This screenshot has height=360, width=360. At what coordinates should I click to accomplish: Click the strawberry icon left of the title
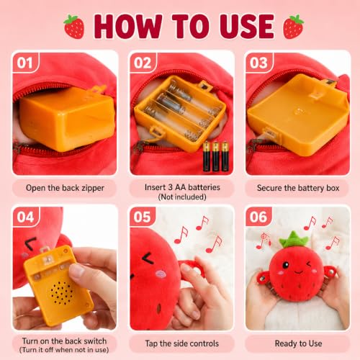click(74, 27)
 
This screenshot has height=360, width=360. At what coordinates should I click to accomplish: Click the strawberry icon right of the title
click(294, 27)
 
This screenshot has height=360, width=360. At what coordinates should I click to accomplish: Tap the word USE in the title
click(247, 27)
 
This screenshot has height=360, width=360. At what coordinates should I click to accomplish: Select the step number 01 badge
click(25, 63)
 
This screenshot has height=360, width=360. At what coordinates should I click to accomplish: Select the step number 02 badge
click(143, 63)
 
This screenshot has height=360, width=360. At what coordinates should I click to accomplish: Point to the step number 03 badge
click(258, 63)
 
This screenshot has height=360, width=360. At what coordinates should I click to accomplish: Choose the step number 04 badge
click(25, 217)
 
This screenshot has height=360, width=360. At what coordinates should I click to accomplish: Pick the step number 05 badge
click(142, 217)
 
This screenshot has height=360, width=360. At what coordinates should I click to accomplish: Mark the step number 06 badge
click(258, 217)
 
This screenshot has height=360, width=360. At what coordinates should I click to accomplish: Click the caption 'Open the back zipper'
click(65, 188)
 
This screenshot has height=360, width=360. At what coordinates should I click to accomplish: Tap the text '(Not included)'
click(182, 197)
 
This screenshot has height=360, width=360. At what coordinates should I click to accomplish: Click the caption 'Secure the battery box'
click(298, 188)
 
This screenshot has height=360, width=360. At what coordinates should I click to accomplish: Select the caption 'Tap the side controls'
click(182, 343)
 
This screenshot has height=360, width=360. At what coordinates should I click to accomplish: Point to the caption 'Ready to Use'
click(298, 343)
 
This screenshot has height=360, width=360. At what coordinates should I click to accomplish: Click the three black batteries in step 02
click(216, 156)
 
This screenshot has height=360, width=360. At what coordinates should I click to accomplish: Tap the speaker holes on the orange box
click(61, 293)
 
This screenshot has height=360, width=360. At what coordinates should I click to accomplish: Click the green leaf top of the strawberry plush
click(294, 239)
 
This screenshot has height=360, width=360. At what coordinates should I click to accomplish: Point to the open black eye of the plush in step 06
click(286, 265)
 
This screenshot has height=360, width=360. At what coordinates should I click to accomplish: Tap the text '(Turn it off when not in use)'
click(64, 350)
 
